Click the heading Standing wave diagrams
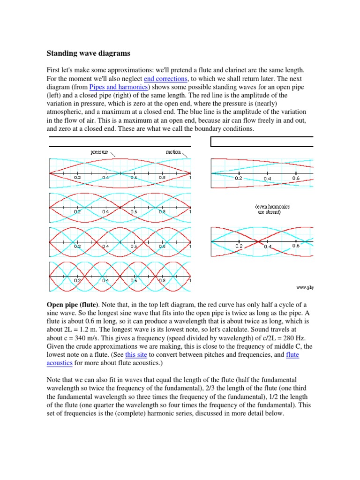[x=88, y=53]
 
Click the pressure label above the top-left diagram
[x=99, y=152]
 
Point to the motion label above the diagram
[x=173, y=152]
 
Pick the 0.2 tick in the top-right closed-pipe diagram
[x=238, y=179]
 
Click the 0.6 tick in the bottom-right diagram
[x=296, y=246]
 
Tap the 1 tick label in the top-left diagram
[x=190, y=178]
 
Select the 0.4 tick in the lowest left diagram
[x=105, y=281]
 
